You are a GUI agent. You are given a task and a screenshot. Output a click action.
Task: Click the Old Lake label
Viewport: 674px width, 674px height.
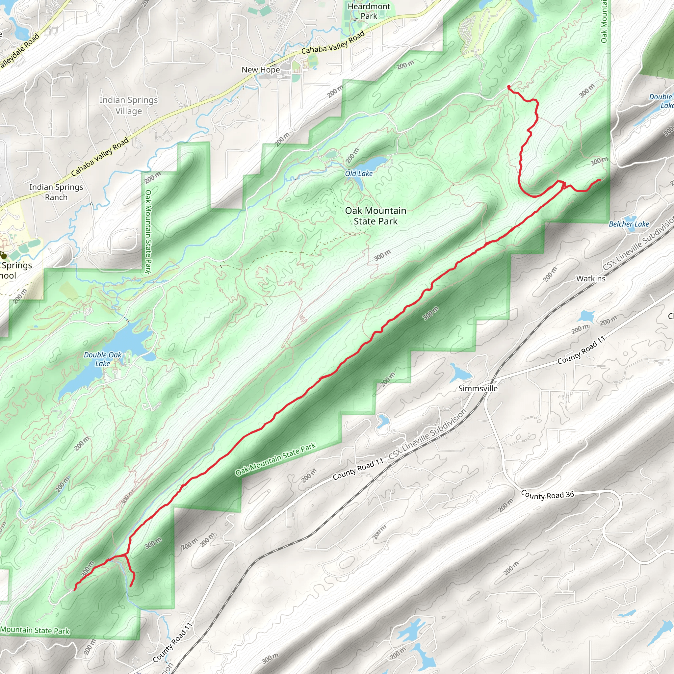(x=359, y=173)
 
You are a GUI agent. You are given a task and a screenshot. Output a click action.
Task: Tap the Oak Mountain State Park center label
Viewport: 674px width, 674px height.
(x=376, y=216)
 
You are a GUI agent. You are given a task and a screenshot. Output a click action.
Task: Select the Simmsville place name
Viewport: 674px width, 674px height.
(x=478, y=388)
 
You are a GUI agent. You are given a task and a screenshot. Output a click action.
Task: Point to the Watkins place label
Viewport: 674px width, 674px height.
(x=591, y=278)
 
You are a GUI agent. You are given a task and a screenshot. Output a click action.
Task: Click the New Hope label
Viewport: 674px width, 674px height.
(x=261, y=70)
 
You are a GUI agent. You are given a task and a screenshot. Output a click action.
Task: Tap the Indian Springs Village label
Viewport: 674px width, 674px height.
(x=128, y=105)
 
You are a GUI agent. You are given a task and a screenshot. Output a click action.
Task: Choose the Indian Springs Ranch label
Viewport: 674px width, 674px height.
(x=56, y=192)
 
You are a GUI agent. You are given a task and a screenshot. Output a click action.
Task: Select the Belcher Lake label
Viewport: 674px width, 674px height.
(x=629, y=224)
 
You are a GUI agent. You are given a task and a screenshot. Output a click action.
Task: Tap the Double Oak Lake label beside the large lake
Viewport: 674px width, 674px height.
(x=103, y=359)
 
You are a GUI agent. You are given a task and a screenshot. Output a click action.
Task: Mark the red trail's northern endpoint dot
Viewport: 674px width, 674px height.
(x=509, y=87)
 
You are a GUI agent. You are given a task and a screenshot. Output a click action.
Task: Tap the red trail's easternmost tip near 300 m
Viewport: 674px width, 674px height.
(x=600, y=180)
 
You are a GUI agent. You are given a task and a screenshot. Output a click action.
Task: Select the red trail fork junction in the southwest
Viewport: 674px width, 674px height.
(x=126, y=554)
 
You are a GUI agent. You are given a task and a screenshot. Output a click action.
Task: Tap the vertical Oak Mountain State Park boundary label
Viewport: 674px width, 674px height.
(x=148, y=232)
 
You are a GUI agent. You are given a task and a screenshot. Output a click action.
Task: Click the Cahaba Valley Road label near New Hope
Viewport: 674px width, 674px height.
(x=333, y=42)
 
